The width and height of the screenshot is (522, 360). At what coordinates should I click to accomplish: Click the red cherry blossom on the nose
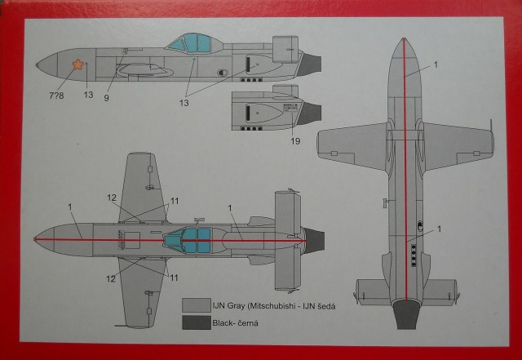click(x=77, y=65)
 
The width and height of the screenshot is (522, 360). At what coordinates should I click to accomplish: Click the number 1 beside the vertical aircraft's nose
click(x=436, y=64)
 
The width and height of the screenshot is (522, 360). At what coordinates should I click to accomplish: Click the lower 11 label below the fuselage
click(x=174, y=278)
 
